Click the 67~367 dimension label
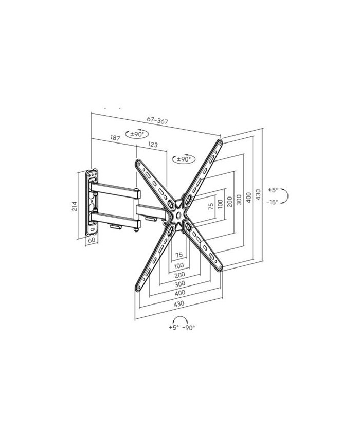[157, 120]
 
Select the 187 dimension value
[115, 138]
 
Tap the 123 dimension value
[153, 145]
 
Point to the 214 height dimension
[75, 206]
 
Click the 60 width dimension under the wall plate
[92, 240]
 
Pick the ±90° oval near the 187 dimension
[137, 134]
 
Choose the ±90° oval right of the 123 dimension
[184, 159]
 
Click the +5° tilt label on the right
[273, 190]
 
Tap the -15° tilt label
[272, 202]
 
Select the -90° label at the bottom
[188, 328]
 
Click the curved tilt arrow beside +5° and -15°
[285, 196]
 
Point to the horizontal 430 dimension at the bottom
[179, 304]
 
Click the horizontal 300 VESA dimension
[180, 283]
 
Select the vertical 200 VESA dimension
[230, 202]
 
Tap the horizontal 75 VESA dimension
[179, 255]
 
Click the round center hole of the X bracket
[178, 214]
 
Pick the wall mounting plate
[92, 203]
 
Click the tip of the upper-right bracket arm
[220, 140]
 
